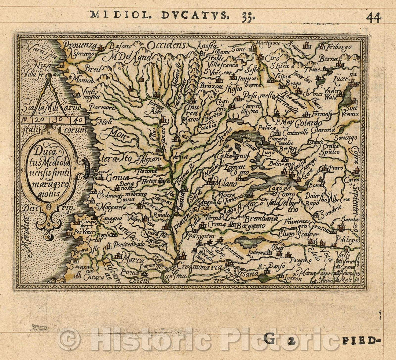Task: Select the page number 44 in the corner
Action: tap(373, 18)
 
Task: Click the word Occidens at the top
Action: tap(167, 45)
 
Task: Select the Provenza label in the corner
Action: tap(79, 45)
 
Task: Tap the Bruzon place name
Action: tap(212, 87)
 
